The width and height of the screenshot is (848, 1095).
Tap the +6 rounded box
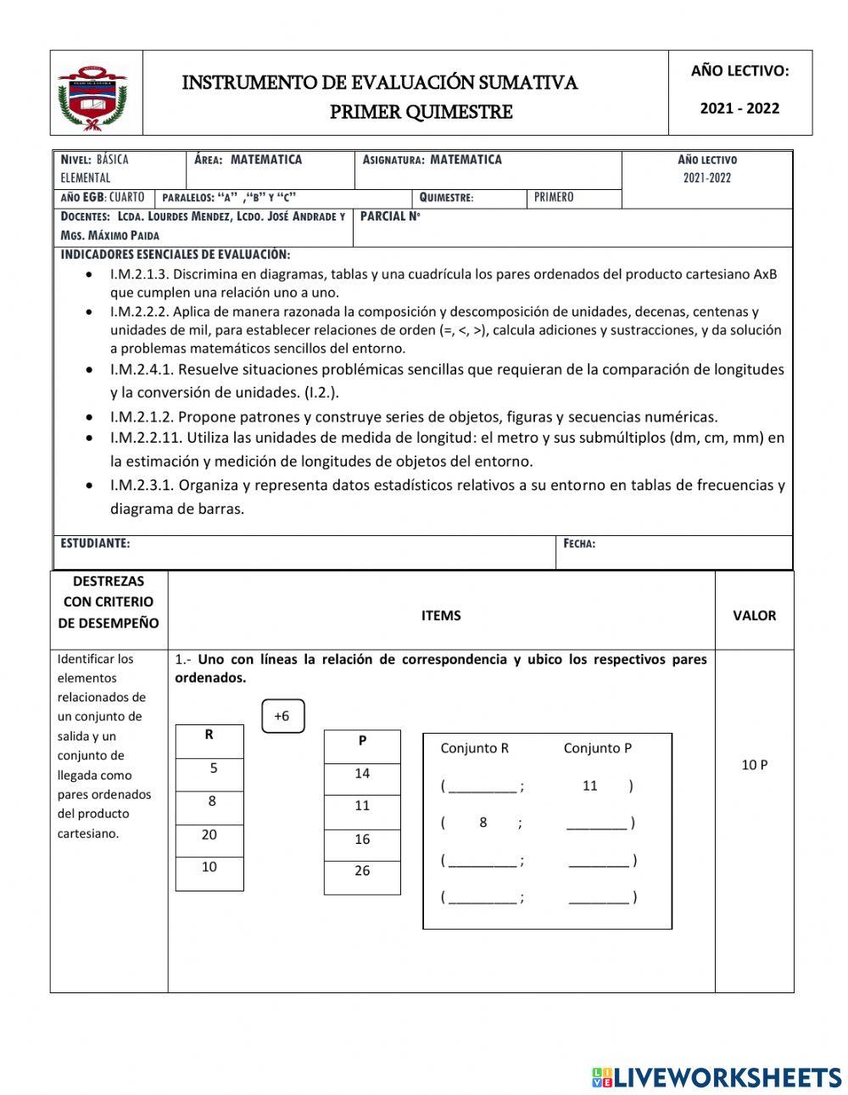pyautogui.click(x=282, y=716)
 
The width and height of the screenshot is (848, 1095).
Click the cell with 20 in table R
pyautogui.click(x=209, y=835)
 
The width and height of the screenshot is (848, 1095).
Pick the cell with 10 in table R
pyautogui.click(x=209, y=867)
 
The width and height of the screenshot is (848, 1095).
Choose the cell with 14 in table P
pyautogui.click(x=362, y=774)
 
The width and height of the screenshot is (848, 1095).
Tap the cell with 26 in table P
pyautogui.click(x=362, y=871)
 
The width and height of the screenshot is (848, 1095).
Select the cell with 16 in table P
pyautogui.click(x=362, y=839)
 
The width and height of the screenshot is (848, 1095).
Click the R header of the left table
pyautogui.click(x=209, y=735)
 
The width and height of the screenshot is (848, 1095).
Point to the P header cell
pyautogui.click(x=362, y=740)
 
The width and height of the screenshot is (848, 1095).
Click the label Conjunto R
pyautogui.click(x=474, y=748)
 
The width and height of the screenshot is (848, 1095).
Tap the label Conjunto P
pyautogui.click(x=597, y=748)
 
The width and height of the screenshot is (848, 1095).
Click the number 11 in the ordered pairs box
pyautogui.click(x=590, y=785)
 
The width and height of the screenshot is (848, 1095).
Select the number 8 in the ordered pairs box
pyautogui.click(x=483, y=822)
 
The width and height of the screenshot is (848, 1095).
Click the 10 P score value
pyautogui.click(x=754, y=765)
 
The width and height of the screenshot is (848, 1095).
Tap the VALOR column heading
pyautogui.click(x=754, y=616)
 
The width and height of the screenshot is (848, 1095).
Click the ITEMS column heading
pyautogui.click(x=441, y=616)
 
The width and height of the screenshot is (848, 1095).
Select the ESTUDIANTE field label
pyautogui.click(x=95, y=543)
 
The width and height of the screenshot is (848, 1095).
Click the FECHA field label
pyautogui.click(x=579, y=544)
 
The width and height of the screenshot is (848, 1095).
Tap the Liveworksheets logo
pyautogui.click(x=716, y=1077)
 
